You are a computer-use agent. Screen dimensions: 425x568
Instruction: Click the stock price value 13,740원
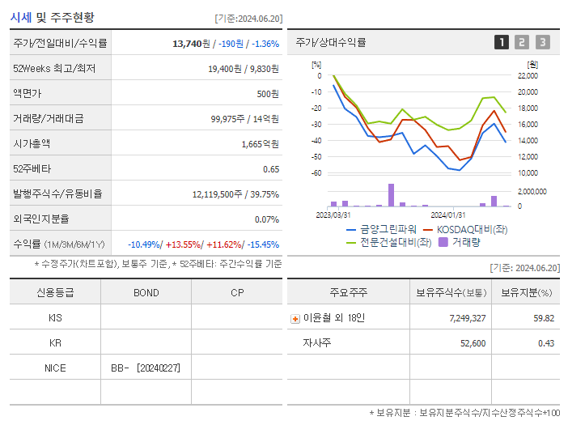pos(193,44)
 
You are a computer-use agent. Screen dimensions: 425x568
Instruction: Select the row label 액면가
pos(31,94)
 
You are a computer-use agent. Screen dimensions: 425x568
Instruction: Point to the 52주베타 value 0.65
pos(270,169)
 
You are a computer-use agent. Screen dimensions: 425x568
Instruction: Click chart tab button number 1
pos(502,42)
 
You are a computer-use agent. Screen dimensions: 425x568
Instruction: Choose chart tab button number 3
pos(542,42)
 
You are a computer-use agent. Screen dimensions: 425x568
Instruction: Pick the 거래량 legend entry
pos(465,241)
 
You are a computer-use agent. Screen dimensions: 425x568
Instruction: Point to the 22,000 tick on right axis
pos(528,75)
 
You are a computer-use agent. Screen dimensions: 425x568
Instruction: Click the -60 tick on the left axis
pos(316,173)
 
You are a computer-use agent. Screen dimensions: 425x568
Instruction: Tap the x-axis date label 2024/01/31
pos(447,215)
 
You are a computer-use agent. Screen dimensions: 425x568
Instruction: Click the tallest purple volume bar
pos(391,195)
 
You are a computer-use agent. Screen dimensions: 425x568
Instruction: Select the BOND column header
pos(146,293)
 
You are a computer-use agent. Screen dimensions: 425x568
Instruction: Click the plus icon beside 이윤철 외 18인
pos(295,319)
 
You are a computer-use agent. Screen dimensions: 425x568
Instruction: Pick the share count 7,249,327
pos(467,318)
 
